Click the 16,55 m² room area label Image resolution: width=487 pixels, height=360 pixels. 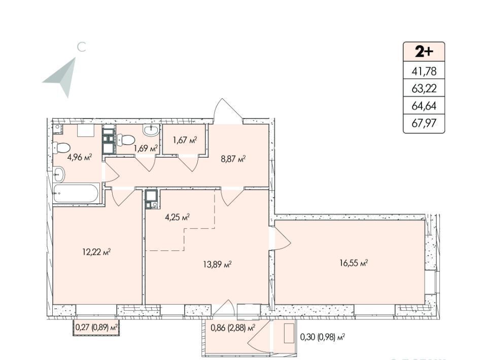pos(354,264)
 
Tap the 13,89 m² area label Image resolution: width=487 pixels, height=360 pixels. pos(218,265)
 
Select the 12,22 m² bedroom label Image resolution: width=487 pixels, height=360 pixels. pos(96,251)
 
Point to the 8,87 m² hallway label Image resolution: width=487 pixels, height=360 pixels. pos(233,160)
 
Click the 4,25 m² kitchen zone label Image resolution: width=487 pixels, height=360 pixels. pos(178,217)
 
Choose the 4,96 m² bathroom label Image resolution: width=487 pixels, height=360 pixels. pos(80,157)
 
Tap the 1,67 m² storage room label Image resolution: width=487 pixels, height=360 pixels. pos(185,140)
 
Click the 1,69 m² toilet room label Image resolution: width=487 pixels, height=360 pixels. pos(146,149)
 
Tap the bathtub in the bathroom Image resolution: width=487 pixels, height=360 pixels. pos(77,193)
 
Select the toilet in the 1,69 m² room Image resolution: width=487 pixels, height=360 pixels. pos(126,140)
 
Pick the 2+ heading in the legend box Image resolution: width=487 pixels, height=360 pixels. pos(424,52)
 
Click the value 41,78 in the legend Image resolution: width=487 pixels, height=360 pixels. pos(424,71)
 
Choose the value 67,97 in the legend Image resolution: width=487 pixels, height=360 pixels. pos(424,123)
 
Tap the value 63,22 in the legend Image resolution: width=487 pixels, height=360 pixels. pos(424,89)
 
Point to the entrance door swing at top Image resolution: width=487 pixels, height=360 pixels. pos(228,110)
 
